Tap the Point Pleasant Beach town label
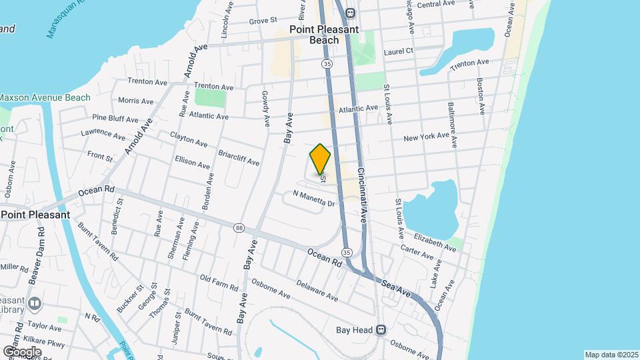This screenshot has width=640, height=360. coord(324,35)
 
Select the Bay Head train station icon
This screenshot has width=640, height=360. coord(381,329)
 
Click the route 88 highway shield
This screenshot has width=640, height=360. coord(239,228)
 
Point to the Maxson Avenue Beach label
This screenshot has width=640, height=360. coord(44,97)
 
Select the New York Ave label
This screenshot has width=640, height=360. coord(427,137)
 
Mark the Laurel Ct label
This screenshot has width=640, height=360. coord(399,50)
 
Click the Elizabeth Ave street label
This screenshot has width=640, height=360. coord(435,242)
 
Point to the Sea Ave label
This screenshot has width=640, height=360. coord(397,288)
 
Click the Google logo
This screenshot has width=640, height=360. coord(23,351)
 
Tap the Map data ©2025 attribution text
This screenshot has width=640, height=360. coord(611,354)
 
